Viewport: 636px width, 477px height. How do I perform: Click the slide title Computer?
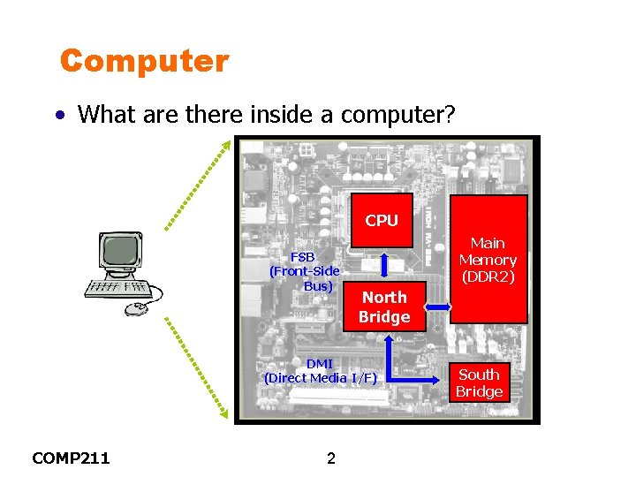(x=144, y=62)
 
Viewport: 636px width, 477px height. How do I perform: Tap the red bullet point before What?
(x=58, y=115)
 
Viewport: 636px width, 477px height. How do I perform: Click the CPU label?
(x=382, y=221)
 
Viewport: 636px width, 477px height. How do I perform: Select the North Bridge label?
(x=384, y=307)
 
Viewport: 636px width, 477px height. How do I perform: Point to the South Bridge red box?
(x=479, y=383)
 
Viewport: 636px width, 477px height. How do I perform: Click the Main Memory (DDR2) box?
(x=488, y=260)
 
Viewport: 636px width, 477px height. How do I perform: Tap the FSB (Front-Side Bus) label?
(x=304, y=271)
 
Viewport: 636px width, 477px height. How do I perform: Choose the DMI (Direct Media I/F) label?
(x=320, y=371)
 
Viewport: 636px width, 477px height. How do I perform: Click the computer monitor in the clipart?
(x=121, y=254)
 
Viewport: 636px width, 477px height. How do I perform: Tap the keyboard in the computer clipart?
(x=118, y=288)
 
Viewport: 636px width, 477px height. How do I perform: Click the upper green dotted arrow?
(x=199, y=185)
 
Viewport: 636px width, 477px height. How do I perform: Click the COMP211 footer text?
(x=71, y=458)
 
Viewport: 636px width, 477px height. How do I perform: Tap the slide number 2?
(x=331, y=458)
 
